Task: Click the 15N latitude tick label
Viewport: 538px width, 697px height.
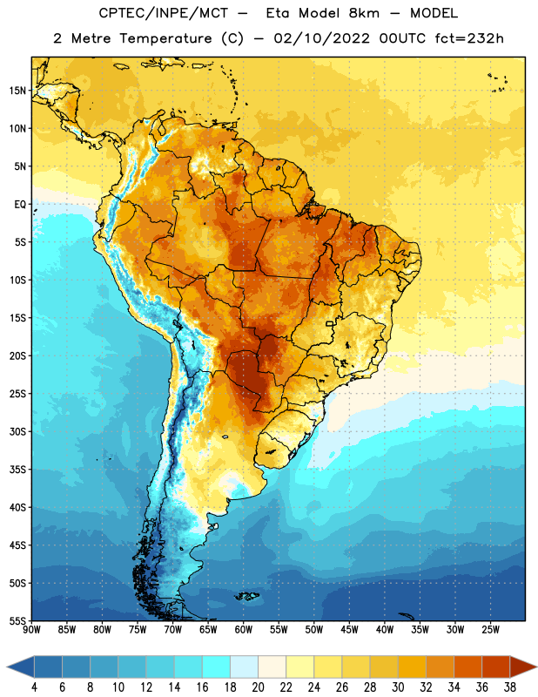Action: click(x=17, y=91)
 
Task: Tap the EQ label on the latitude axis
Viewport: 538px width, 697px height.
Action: click(x=20, y=205)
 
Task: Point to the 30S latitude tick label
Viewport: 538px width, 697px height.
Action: click(x=18, y=432)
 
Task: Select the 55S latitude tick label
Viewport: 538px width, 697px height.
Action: click(x=18, y=621)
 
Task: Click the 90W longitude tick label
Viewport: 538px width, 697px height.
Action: click(x=31, y=630)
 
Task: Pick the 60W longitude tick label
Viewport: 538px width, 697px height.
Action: click(x=244, y=630)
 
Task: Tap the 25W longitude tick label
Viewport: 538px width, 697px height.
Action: click(x=490, y=630)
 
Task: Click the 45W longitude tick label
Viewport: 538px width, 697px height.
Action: click(x=349, y=630)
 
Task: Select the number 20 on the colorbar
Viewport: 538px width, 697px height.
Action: click(x=258, y=687)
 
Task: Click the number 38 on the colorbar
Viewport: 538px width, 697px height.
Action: click(x=510, y=687)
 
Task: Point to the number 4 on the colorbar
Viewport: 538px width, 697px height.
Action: click(x=34, y=687)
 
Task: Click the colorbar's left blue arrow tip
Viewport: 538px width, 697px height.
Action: click(x=7, y=667)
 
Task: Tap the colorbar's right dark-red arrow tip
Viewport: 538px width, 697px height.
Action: click(x=537, y=667)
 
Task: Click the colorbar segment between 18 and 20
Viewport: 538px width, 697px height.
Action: click(x=245, y=667)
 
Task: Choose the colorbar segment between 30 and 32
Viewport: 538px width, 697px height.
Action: click(x=413, y=667)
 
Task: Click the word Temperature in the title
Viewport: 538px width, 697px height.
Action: click(x=165, y=38)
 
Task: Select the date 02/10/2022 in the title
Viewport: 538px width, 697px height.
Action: click(x=321, y=38)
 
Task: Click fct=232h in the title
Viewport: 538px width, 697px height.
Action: click(x=469, y=38)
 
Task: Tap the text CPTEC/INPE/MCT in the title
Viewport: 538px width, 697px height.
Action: click(x=163, y=13)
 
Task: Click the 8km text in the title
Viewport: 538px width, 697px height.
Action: click(x=364, y=13)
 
